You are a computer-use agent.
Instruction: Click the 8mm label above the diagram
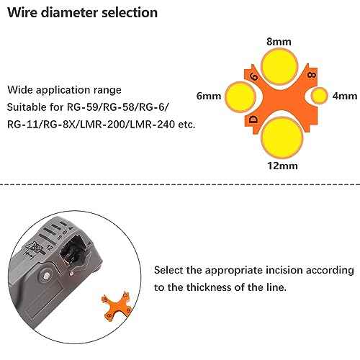pyautogui.click(x=279, y=42)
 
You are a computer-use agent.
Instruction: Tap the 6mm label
pyautogui.click(x=209, y=96)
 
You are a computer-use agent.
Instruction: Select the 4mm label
pyautogui.click(x=345, y=96)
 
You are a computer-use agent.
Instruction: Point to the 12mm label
pyautogui.click(x=282, y=166)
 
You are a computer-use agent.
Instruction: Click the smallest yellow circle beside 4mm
pyautogui.click(x=319, y=96)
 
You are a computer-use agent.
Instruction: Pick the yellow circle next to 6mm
pyautogui.click(x=240, y=96)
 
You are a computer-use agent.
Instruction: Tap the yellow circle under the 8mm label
pyautogui.click(x=279, y=66)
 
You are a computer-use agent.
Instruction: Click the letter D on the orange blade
pyautogui.click(x=253, y=120)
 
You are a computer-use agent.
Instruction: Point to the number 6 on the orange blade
pyautogui.click(x=253, y=77)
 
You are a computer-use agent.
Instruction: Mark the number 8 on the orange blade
pyautogui.click(x=312, y=75)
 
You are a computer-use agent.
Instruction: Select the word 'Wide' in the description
pyautogui.click(x=20, y=90)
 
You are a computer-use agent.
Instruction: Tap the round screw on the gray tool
pyautogui.click(x=46, y=275)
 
